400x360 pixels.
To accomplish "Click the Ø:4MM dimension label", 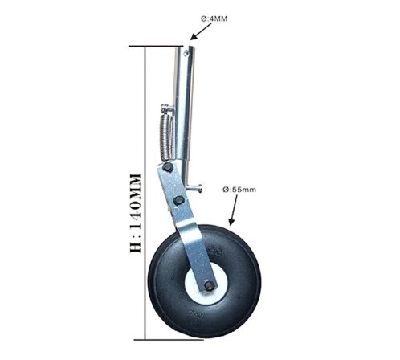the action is (214, 19).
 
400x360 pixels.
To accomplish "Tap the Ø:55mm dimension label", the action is (239, 190).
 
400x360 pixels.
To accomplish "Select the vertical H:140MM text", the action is (135, 213).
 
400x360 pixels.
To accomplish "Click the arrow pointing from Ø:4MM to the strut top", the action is (201, 31).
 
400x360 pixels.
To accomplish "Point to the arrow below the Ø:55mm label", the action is (233, 210).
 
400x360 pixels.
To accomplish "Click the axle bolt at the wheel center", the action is (210, 285).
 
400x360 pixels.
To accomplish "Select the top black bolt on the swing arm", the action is (168, 167).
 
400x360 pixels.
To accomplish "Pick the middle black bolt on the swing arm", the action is (178, 200).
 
